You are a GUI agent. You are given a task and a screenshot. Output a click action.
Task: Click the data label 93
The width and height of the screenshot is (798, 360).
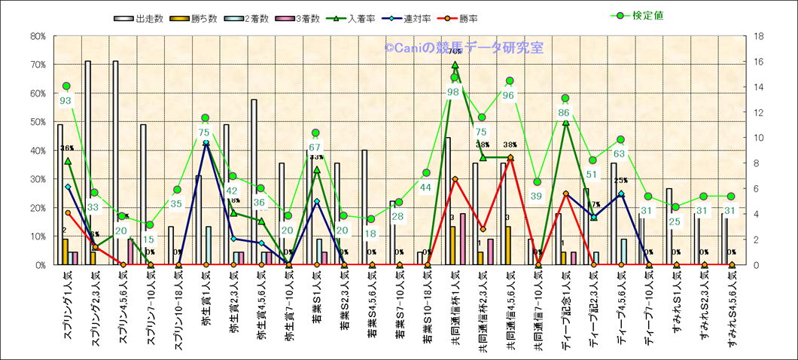[x=66, y=100]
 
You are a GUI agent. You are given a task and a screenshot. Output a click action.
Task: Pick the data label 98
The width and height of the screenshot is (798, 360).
[x=453, y=92]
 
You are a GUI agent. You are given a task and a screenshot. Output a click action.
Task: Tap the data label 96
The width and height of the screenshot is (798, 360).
[x=508, y=95]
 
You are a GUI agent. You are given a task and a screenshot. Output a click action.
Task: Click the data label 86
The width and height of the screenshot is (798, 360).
[x=564, y=112]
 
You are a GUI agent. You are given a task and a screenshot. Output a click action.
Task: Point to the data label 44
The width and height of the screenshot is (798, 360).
[x=425, y=187]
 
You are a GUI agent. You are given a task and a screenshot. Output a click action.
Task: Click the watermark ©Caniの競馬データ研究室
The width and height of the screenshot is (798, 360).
[x=464, y=48]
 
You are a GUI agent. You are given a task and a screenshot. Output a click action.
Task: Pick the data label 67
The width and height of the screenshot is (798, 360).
[x=315, y=147]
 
